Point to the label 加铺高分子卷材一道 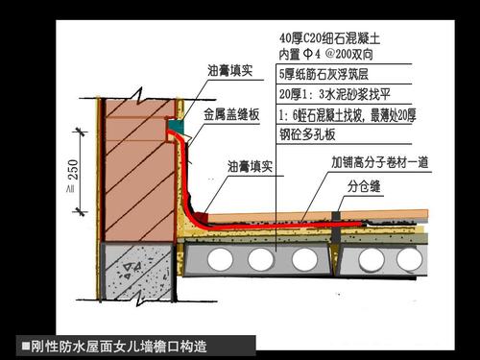pyautogui.click(x=379, y=162)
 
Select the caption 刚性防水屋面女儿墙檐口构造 pyautogui.click(x=119, y=344)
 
